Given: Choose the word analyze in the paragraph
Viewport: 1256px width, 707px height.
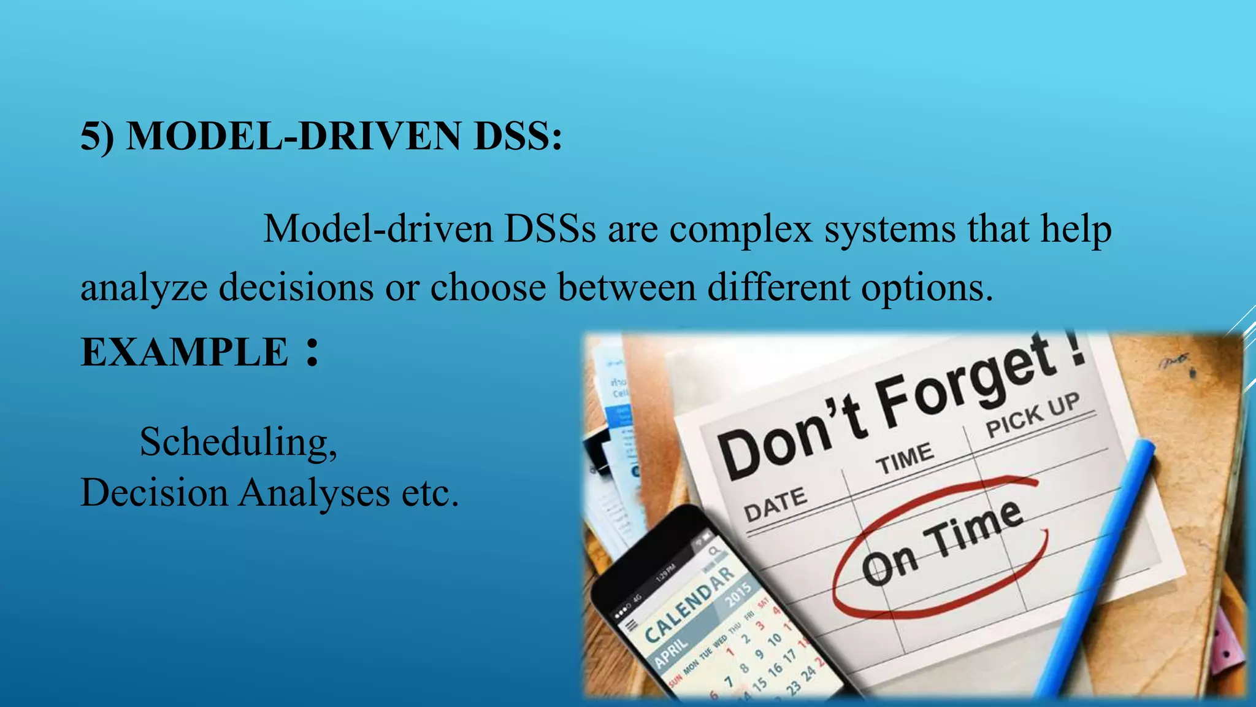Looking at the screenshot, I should click(144, 288).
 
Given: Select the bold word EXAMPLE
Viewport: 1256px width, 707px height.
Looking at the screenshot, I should click(185, 352).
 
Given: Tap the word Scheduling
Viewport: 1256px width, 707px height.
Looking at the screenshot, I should click(237, 442).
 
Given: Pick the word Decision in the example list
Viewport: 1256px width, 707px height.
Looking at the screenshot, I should click(154, 493).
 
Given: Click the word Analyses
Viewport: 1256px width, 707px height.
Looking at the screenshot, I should click(313, 493).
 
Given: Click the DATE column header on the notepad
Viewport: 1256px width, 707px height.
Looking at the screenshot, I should click(775, 503).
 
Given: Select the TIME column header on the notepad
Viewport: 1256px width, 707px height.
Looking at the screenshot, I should click(905, 458).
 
